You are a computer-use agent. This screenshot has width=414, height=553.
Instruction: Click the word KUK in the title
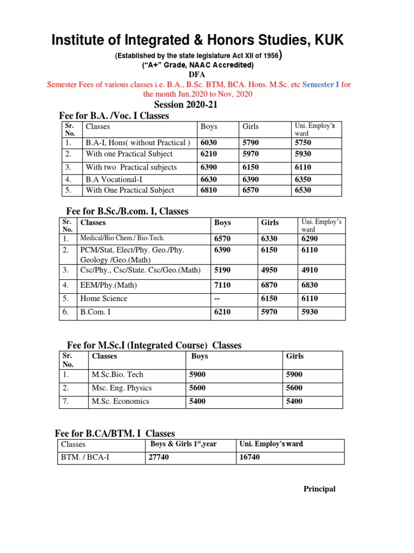tap(325, 40)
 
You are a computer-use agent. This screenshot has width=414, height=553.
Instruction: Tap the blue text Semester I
tap(321, 84)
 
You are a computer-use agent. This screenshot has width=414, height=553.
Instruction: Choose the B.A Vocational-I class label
tap(115, 179)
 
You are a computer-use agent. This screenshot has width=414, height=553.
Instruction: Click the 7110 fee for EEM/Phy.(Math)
tap(223, 284)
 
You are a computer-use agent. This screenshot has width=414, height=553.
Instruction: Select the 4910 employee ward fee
tap(309, 269)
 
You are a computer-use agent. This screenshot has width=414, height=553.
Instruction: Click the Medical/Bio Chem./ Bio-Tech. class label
tap(122, 238)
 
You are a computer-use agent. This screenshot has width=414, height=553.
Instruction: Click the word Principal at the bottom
tap(319, 489)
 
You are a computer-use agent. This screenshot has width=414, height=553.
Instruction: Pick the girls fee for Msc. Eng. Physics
tap(294, 388)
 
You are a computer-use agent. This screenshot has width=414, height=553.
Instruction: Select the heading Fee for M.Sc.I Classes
tap(154, 345)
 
